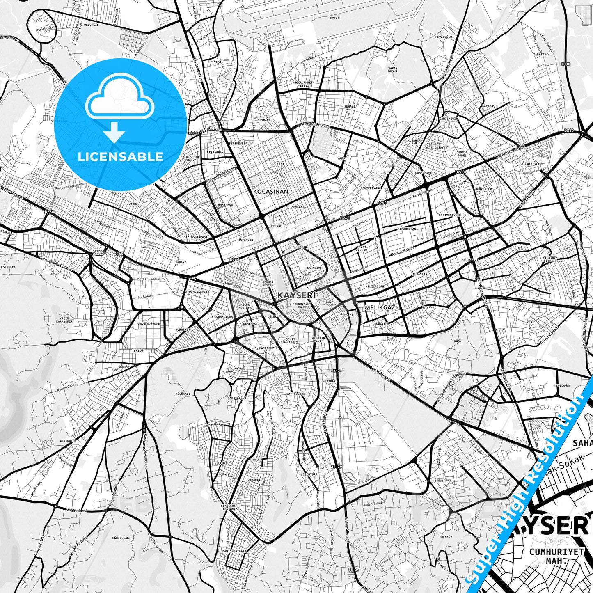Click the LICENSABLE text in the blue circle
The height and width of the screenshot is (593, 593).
[x=120, y=157]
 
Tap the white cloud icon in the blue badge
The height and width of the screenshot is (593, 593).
[x=119, y=101]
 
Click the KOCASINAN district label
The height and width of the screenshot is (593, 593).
[x=270, y=192]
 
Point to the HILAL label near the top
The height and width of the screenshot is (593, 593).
[x=334, y=18]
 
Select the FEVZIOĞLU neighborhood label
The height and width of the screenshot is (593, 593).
[x=443, y=37]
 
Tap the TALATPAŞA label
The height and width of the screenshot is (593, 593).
[x=541, y=54]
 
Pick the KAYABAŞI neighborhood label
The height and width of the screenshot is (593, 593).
[x=489, y=106]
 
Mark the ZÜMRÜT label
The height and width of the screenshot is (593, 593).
[x=350, y=106]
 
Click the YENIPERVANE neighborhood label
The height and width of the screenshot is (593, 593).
[x=371, y=188]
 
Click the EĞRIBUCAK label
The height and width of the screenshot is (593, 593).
[x=120, y=538]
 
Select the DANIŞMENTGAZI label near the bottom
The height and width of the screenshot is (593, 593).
[x=234, y=551]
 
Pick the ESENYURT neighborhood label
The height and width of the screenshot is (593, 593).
[x=310, y=474]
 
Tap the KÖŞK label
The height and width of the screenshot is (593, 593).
[x=458, y=341]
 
